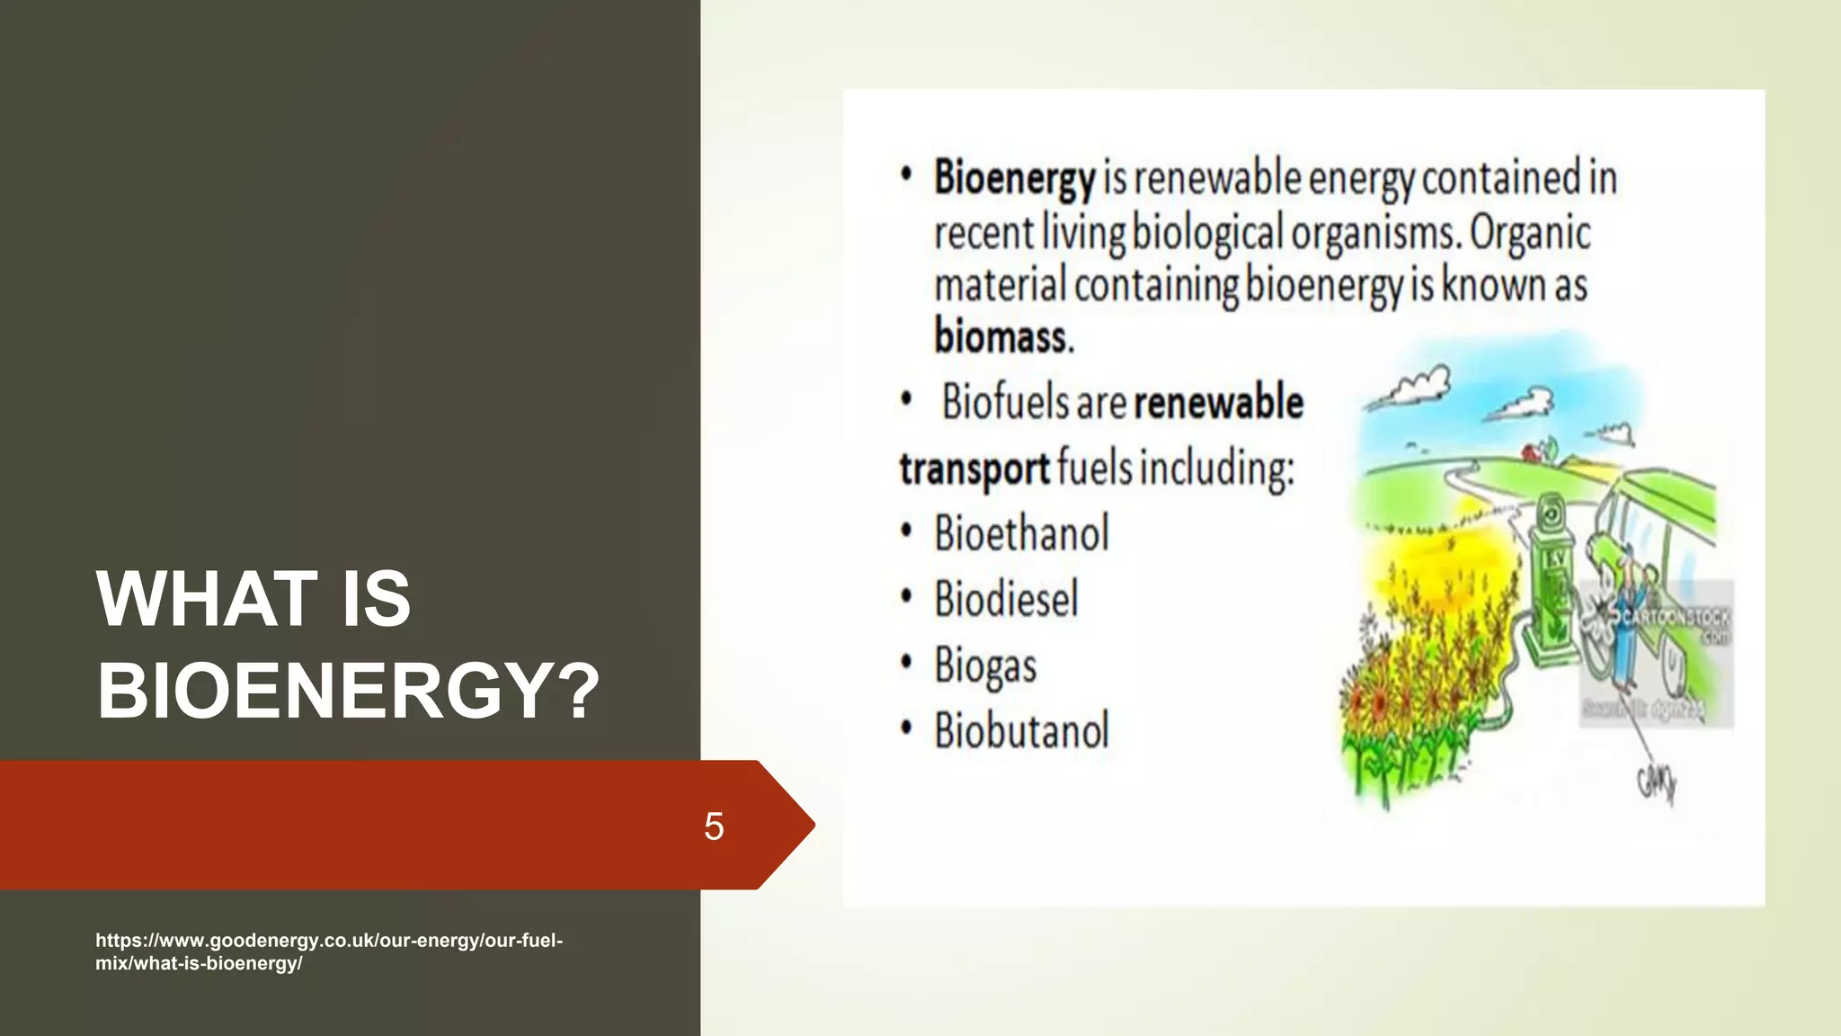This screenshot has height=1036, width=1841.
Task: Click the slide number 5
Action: click(x=714, y=826)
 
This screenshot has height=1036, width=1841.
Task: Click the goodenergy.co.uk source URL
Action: click(x=328, y=951)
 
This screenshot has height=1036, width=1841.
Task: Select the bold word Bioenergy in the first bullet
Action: click(x=1014, y=178)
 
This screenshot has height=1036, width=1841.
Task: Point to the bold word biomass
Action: click(x=1003, y=336)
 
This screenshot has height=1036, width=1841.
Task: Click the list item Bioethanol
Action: click(x=1021, y=533)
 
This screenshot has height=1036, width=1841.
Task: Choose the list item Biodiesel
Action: click(x=1006, y=599)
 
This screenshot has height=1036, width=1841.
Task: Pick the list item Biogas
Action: click(x=985, y=665)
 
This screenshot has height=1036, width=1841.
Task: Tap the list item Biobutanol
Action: click(x=1021, y=730)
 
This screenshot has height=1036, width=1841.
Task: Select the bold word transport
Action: click(x=974, y=469)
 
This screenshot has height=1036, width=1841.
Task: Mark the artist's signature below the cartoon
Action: click(x=1657, y=783)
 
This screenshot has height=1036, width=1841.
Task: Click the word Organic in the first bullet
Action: click(x=1530, y=232)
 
